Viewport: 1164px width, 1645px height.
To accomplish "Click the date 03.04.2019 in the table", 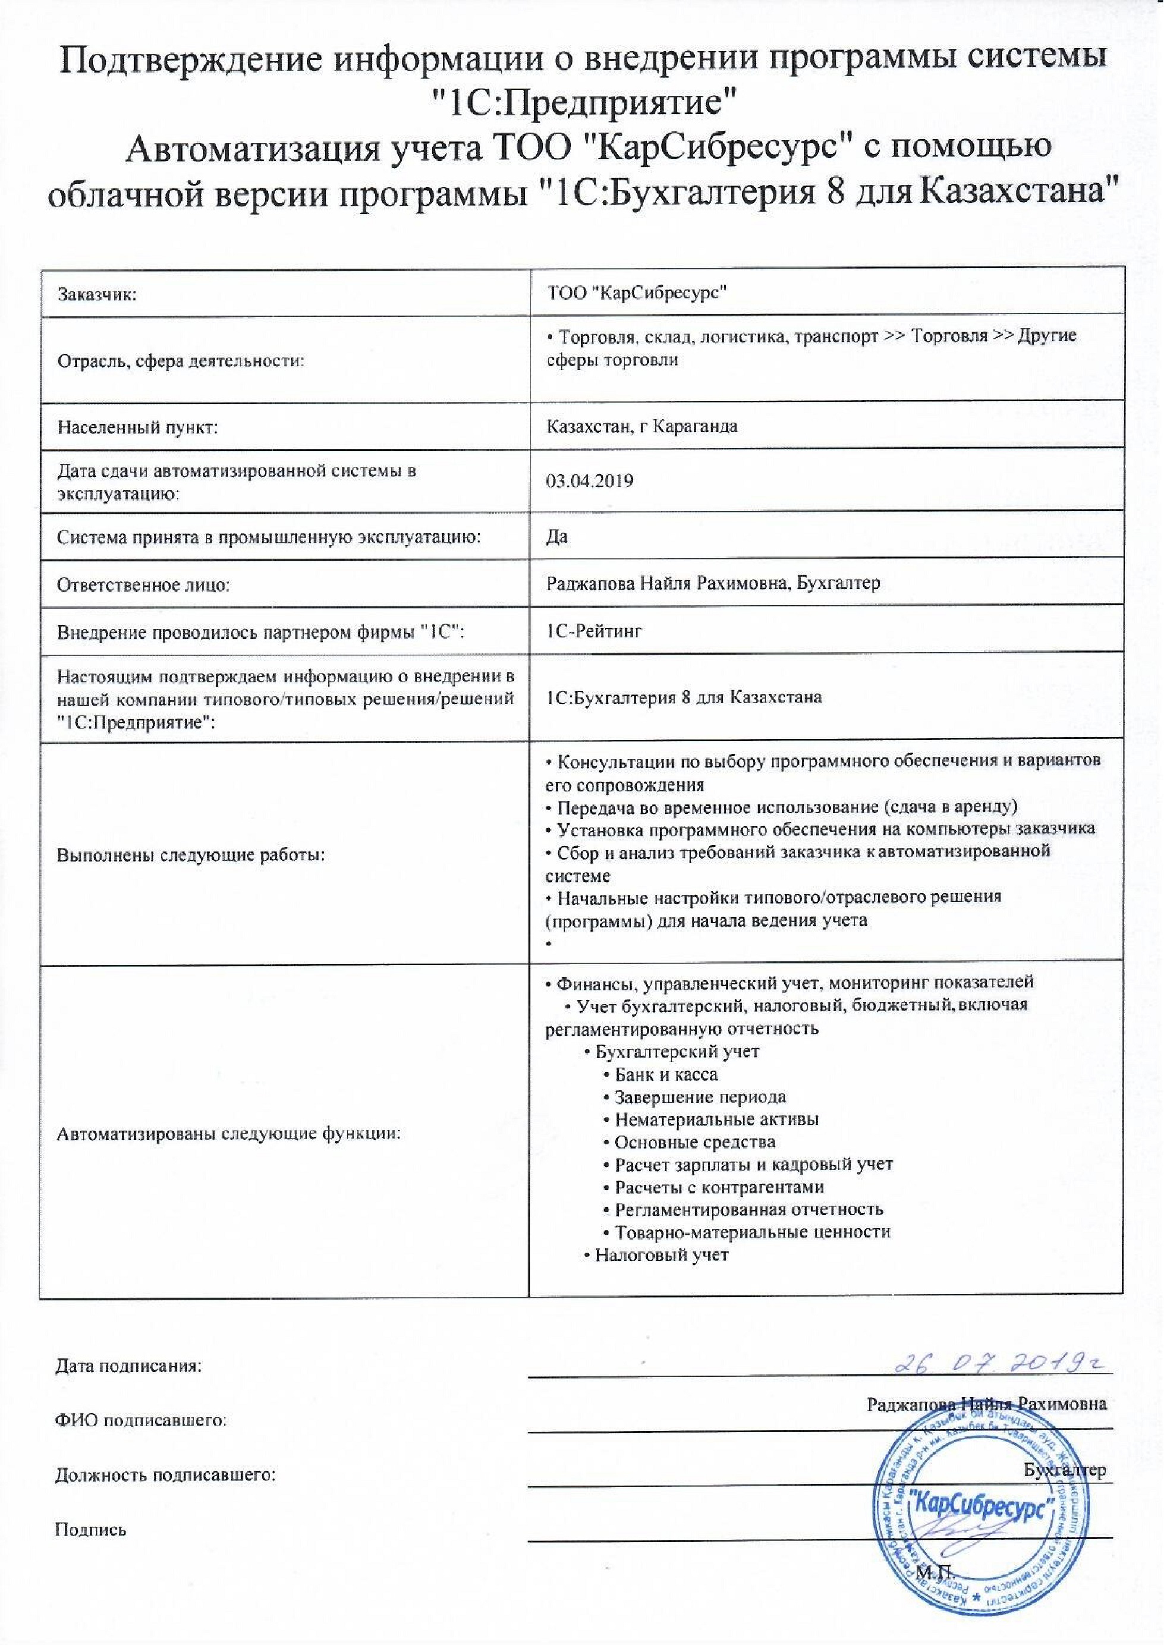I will point(589,481).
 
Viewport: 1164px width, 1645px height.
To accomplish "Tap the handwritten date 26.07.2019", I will point(1001,1363).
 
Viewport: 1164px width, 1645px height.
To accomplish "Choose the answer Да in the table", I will point(557,536).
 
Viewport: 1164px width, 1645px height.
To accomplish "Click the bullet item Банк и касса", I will point(665,1074).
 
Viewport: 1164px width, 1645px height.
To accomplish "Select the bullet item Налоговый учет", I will point(660,1255).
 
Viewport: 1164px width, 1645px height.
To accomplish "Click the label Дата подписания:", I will point(129,1366).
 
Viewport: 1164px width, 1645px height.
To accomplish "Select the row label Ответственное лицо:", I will point(143,585).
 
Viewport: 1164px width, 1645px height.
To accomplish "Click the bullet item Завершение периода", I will point(699,1097).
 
